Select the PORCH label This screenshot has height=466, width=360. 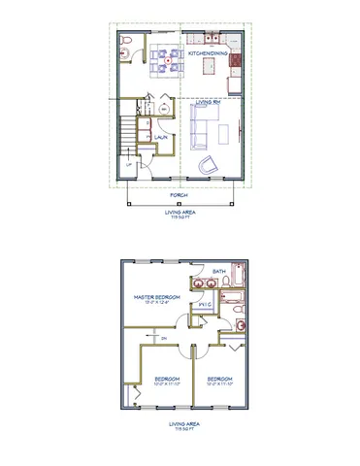pyautogui.click(x=180, y=194)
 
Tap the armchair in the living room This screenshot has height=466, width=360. pyautogui.click(x=208, y=166)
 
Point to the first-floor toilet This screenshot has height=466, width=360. pyautogui.click(x=129, y=41)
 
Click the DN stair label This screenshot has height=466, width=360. pyautogui.click(x=164, y=337)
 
